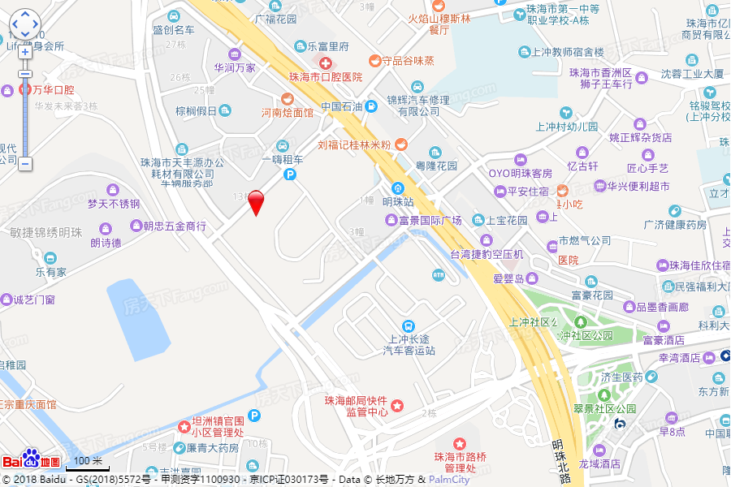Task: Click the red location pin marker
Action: pos(256,200)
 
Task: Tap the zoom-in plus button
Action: pos(25,52)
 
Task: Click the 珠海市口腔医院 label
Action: pos(326,77)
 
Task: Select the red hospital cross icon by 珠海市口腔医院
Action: pos(325,62)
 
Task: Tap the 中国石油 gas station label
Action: pos(341,106)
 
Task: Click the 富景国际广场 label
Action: pos(429,220)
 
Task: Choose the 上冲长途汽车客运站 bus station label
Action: pos(409,345)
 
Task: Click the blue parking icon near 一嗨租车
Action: pos(290,174)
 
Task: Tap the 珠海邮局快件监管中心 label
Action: pos(356,406)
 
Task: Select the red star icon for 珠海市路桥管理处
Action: pos(460,442)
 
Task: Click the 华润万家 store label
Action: pos(234,68)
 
